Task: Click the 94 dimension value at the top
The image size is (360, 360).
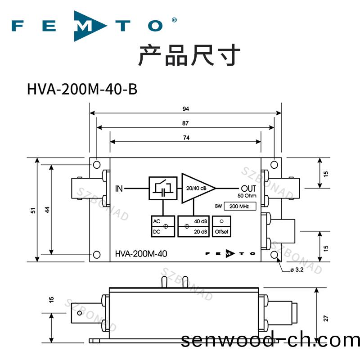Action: coord(186,109)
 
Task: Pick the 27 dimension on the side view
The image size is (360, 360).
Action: coord(326,318)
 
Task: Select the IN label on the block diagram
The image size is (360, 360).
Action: coord(119,188)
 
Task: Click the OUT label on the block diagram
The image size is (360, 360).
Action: coord(248,188)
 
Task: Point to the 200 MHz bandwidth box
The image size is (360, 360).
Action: coord(240,207)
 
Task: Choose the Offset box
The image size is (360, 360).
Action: coord(221,226)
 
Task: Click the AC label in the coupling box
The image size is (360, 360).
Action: coord(157,221)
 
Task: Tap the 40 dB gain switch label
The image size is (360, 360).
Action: coord(201,221)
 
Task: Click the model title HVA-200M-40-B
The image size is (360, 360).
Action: coord(82,89)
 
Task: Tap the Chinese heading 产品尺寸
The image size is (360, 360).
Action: coord(189,55)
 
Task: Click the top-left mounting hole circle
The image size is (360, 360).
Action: coord(97,165)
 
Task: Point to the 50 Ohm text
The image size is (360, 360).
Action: coord(247,195)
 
